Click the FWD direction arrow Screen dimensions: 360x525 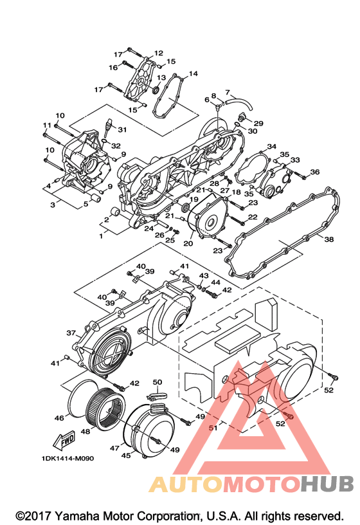pos(64,441)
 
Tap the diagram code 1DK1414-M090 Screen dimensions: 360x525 pos(68,458)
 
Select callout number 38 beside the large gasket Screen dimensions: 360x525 pos(329,239)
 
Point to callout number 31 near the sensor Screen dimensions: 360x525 pos(122,129)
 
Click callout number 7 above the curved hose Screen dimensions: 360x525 pos(228,92)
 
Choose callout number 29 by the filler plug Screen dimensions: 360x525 pos(258,124)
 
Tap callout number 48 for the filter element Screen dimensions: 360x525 pos(85,431)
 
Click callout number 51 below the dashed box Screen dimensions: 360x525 pos(213,428)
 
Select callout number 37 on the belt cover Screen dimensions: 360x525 pos(71,333)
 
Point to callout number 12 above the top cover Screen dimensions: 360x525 pos(159,53)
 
